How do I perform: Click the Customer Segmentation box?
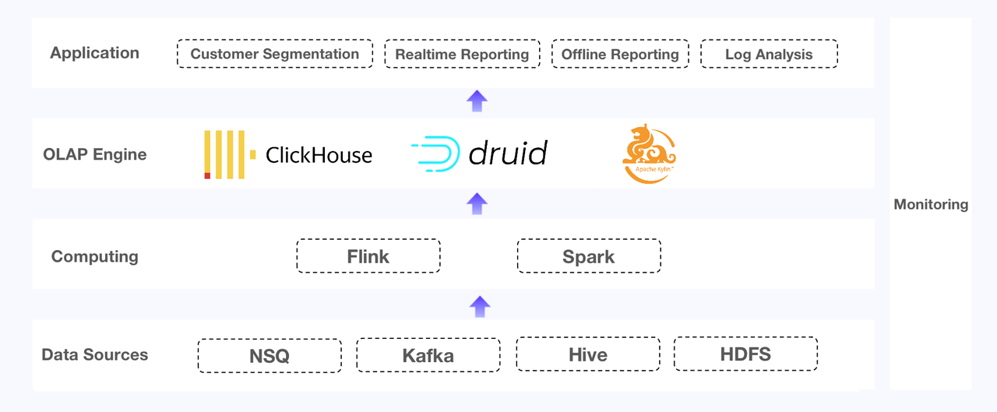point(274,54)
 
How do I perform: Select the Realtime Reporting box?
point(462,54)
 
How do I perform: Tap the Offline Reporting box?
point(620,54)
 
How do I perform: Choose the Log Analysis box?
point(769,54)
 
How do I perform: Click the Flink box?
point(368,256)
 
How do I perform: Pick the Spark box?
point(589,256)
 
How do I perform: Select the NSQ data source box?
point(270,356)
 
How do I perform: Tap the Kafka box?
point(428,356)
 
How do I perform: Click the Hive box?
point(588,354)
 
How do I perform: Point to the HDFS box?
point(745,354)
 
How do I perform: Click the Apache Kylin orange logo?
point(649,153)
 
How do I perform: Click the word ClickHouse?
point(319,155)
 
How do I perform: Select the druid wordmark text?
point(508,153)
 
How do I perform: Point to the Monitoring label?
point(931,205)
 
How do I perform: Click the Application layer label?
point(94,53)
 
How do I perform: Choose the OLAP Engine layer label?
point(94,154)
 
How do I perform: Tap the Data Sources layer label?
point(94,355)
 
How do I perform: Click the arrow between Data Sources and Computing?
point(480,306)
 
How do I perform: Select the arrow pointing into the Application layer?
point(477,101)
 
